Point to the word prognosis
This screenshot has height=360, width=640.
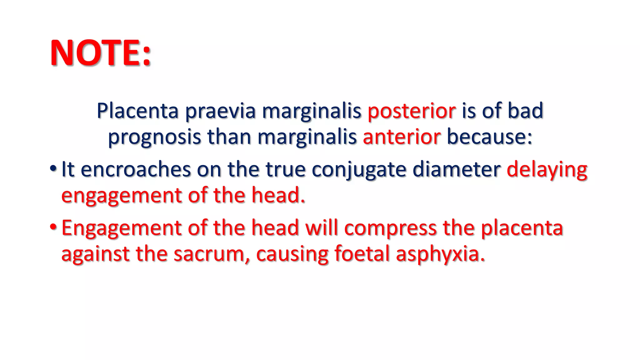coord(154,137)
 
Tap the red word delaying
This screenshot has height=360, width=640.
coord(547,170)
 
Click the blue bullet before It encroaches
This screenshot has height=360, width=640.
coord(53,169)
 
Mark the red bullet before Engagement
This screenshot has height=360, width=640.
coord(53,227)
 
